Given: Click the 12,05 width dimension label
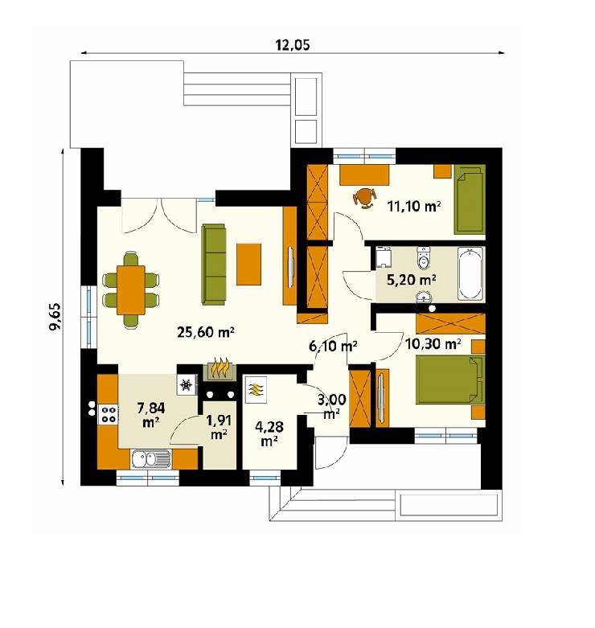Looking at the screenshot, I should point(293,45).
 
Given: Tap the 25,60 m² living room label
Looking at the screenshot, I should point(199,331).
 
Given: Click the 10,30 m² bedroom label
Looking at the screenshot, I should point(433,344).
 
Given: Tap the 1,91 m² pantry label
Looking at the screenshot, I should point(218,427).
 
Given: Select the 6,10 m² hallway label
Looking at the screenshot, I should point(333,347).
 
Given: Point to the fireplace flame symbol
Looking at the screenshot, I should point(221,369).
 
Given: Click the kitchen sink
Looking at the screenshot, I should point(150,460).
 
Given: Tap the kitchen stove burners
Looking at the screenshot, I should point(107,414).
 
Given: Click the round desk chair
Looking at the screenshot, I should point(365,195).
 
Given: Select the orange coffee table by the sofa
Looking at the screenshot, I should point(249,264).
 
